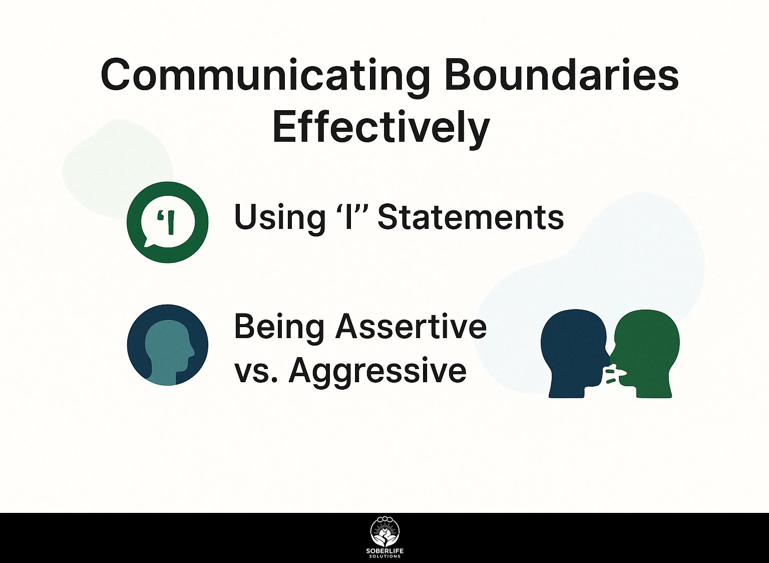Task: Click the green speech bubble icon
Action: pos(168,222)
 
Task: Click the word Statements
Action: pos(471,217)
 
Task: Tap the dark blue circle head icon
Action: pos(168,345)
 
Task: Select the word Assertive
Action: pos(412,327)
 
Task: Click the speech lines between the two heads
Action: pos(612,376)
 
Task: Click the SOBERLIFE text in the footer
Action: pos(385,551)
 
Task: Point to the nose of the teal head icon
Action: pos(193,353)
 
